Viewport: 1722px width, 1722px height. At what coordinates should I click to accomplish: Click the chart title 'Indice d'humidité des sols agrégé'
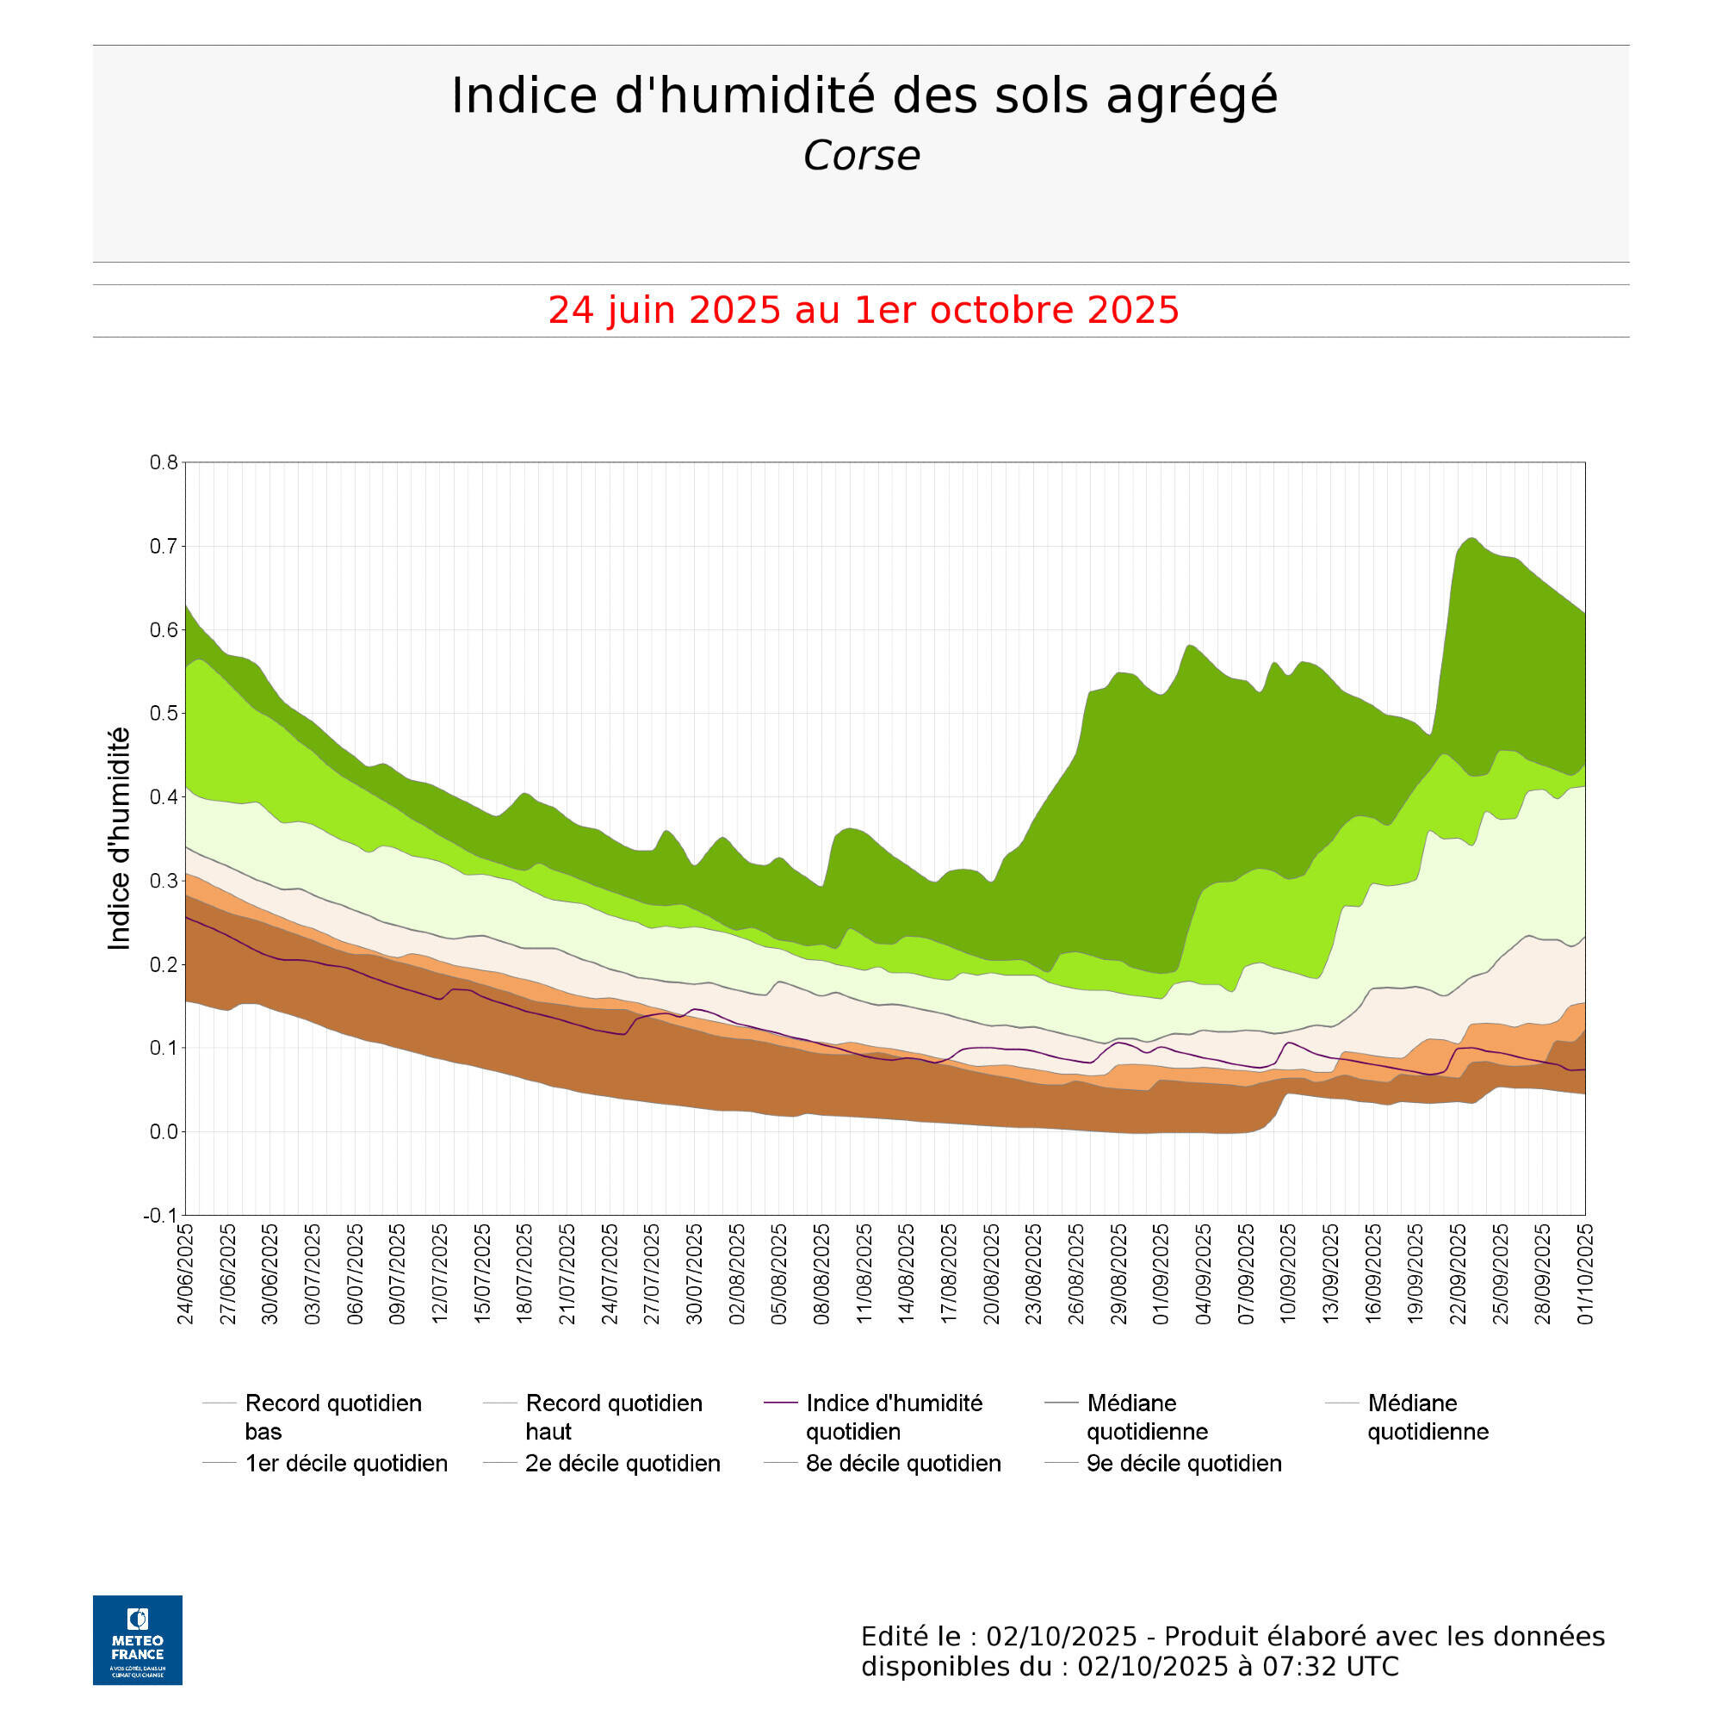tap(864, 96)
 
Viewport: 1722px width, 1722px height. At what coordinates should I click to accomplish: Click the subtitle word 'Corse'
tap(861, 156)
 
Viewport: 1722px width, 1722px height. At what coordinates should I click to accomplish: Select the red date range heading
tap(863, 310)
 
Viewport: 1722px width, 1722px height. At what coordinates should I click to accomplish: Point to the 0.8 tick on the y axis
tap(163, 462)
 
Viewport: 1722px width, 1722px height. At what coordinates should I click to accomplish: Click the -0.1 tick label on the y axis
tap(160, 1216)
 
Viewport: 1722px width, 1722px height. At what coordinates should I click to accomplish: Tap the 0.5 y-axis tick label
tap(163, 714)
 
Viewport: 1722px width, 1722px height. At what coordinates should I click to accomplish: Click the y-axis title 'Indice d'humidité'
tap(119, 839)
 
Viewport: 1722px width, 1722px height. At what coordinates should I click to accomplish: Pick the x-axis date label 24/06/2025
tap(186, 1274)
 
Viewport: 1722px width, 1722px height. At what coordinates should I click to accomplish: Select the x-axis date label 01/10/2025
tap(1586, 1274)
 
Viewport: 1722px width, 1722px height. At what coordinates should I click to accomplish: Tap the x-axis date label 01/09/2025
tap(1161, 1274)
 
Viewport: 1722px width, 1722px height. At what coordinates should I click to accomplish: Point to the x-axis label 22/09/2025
tap(1459, 1274)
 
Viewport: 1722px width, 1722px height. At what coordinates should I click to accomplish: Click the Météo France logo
tap(137, 1640)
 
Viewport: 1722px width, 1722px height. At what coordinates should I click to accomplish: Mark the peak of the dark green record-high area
tap(1471, 539)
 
